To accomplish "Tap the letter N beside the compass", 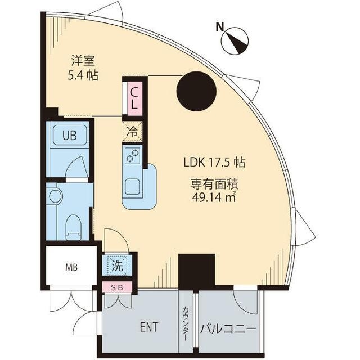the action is [220, 27].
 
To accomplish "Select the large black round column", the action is [196, 91].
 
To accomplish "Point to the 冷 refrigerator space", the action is [132, 131].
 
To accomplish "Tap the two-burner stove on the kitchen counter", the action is [133, 155].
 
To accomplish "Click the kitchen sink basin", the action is [132, 187].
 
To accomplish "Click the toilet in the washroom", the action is [73, 228].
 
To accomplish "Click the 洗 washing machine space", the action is [117, 265].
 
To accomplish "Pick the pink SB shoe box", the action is [117, 287].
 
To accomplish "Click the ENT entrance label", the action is [149, 327].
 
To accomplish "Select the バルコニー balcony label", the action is [228, 329].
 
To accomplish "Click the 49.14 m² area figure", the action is [214, 197].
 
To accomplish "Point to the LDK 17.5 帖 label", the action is [214, 163].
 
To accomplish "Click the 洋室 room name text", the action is [83, 61].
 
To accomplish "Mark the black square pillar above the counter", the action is [196, 272].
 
